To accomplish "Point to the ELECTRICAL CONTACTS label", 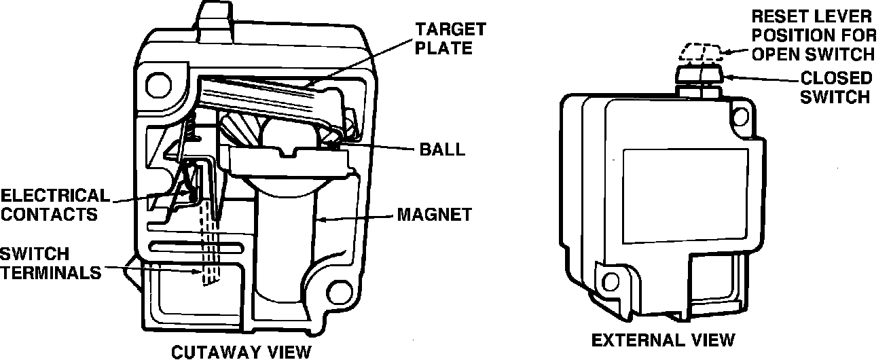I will [x=54, y=205].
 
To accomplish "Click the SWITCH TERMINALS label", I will [x=50, y=264].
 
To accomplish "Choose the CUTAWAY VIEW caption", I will [x=240, y=351].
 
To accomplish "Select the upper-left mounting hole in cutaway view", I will [x=158, y=84].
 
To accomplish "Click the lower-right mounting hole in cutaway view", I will [x=334, y=293].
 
